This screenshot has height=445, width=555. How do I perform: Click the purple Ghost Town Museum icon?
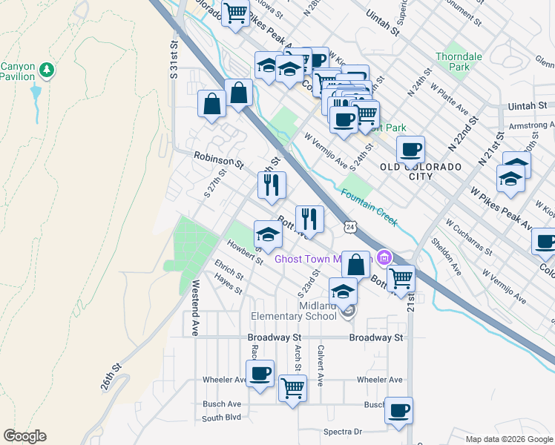(383, 259)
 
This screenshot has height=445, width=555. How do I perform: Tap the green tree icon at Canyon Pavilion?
(47, 70)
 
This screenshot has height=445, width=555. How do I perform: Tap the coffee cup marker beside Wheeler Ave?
(260, 373)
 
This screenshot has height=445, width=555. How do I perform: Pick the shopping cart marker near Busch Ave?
(293, 387)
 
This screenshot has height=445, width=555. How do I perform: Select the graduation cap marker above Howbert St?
(268, 234)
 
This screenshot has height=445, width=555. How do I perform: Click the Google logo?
(24, 436)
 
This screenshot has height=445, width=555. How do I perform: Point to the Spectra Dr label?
(342, 432)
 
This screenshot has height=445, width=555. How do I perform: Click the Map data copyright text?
(508, 439)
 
